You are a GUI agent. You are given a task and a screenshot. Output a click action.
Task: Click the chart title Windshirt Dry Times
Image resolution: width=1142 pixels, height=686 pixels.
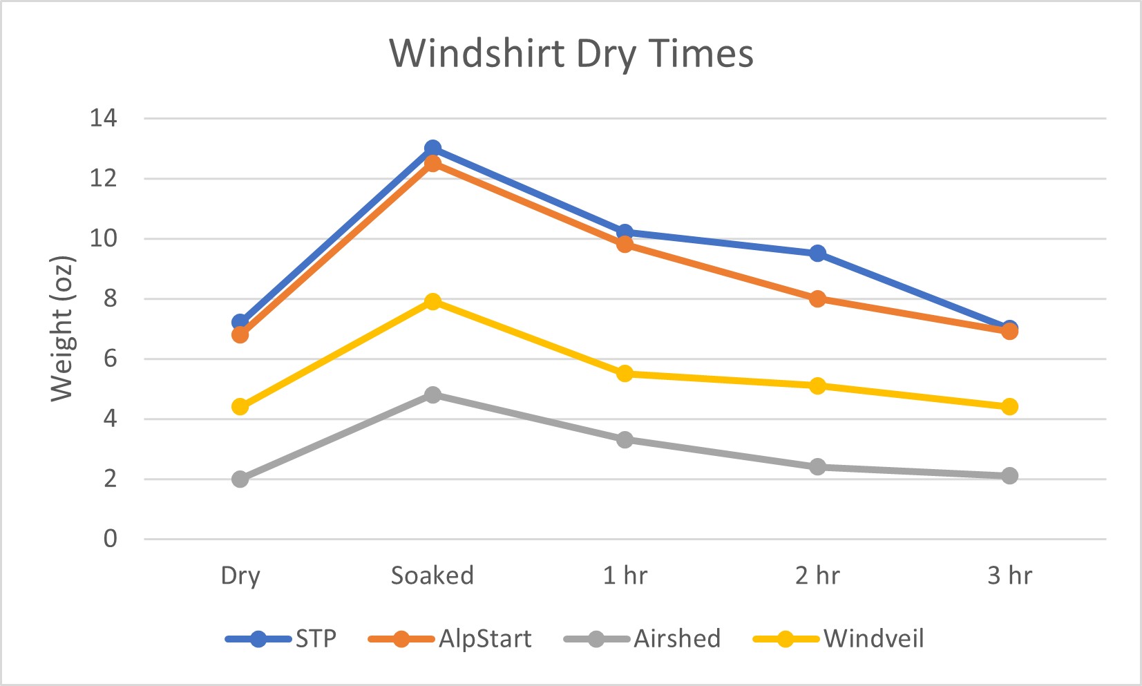pos(571,54)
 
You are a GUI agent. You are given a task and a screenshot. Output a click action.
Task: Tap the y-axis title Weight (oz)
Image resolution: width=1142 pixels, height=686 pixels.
pos(62,328)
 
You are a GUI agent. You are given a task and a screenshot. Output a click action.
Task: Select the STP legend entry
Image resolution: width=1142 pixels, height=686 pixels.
pos(282,638)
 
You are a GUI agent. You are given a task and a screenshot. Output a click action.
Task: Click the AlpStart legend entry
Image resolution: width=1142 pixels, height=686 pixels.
pos(450,638)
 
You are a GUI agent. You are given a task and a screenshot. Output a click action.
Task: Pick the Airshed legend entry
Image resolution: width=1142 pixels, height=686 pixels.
pos(643,638)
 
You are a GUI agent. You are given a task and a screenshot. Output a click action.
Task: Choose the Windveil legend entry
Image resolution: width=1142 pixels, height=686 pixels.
pos(839,638)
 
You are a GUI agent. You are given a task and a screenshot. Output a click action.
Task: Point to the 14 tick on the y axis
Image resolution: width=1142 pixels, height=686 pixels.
pos(104,118)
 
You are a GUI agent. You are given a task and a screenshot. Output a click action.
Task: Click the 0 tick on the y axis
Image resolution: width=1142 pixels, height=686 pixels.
pos(111,539)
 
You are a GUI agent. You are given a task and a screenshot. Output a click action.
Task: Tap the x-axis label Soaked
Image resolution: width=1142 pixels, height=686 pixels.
pos(432,575)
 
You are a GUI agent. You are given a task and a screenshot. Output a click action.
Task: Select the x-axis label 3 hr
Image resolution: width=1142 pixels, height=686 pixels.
pos(1009,575)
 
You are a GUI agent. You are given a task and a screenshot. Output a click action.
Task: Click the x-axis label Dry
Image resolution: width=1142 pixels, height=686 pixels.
pos(240,575)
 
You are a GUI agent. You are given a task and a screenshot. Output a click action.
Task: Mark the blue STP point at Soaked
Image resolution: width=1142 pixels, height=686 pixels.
pos(432,149)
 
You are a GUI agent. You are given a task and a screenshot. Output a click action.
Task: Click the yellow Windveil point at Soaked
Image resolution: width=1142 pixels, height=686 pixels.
pos(432,301)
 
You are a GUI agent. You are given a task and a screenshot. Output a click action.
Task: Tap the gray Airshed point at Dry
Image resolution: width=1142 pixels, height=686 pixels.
pos(240,479)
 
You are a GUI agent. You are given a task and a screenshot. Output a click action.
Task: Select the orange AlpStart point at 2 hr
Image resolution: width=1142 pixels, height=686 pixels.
pos(817,298)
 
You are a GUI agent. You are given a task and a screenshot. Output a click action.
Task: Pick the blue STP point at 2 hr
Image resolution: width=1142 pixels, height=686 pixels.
pos(817,254)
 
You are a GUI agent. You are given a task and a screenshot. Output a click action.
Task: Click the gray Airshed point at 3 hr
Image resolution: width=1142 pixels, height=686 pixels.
pos(1009,475)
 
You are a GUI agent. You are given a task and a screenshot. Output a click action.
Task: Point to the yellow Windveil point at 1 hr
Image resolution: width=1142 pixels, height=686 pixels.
pos(625,374)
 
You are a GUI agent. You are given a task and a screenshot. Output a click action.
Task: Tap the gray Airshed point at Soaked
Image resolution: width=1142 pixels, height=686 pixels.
pos(432,395)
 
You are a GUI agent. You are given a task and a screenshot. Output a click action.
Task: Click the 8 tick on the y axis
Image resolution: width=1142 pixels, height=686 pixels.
pos(111,298)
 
